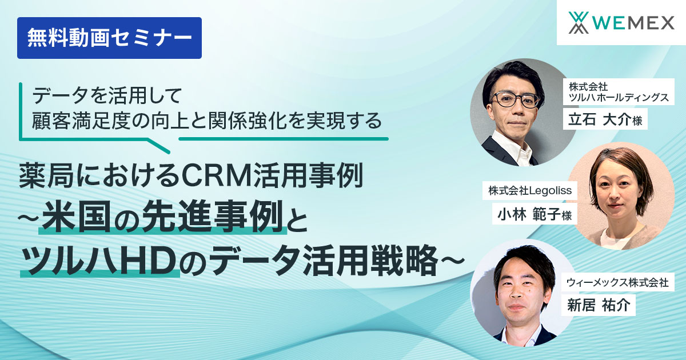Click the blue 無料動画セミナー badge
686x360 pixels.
click(x=109, y=38)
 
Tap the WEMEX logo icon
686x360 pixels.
click(x=578, y=23)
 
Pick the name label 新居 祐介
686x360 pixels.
click(x=599, y=305)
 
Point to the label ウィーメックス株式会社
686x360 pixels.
click(x=617, y=282)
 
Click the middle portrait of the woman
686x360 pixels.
click(x=617, y=197)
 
